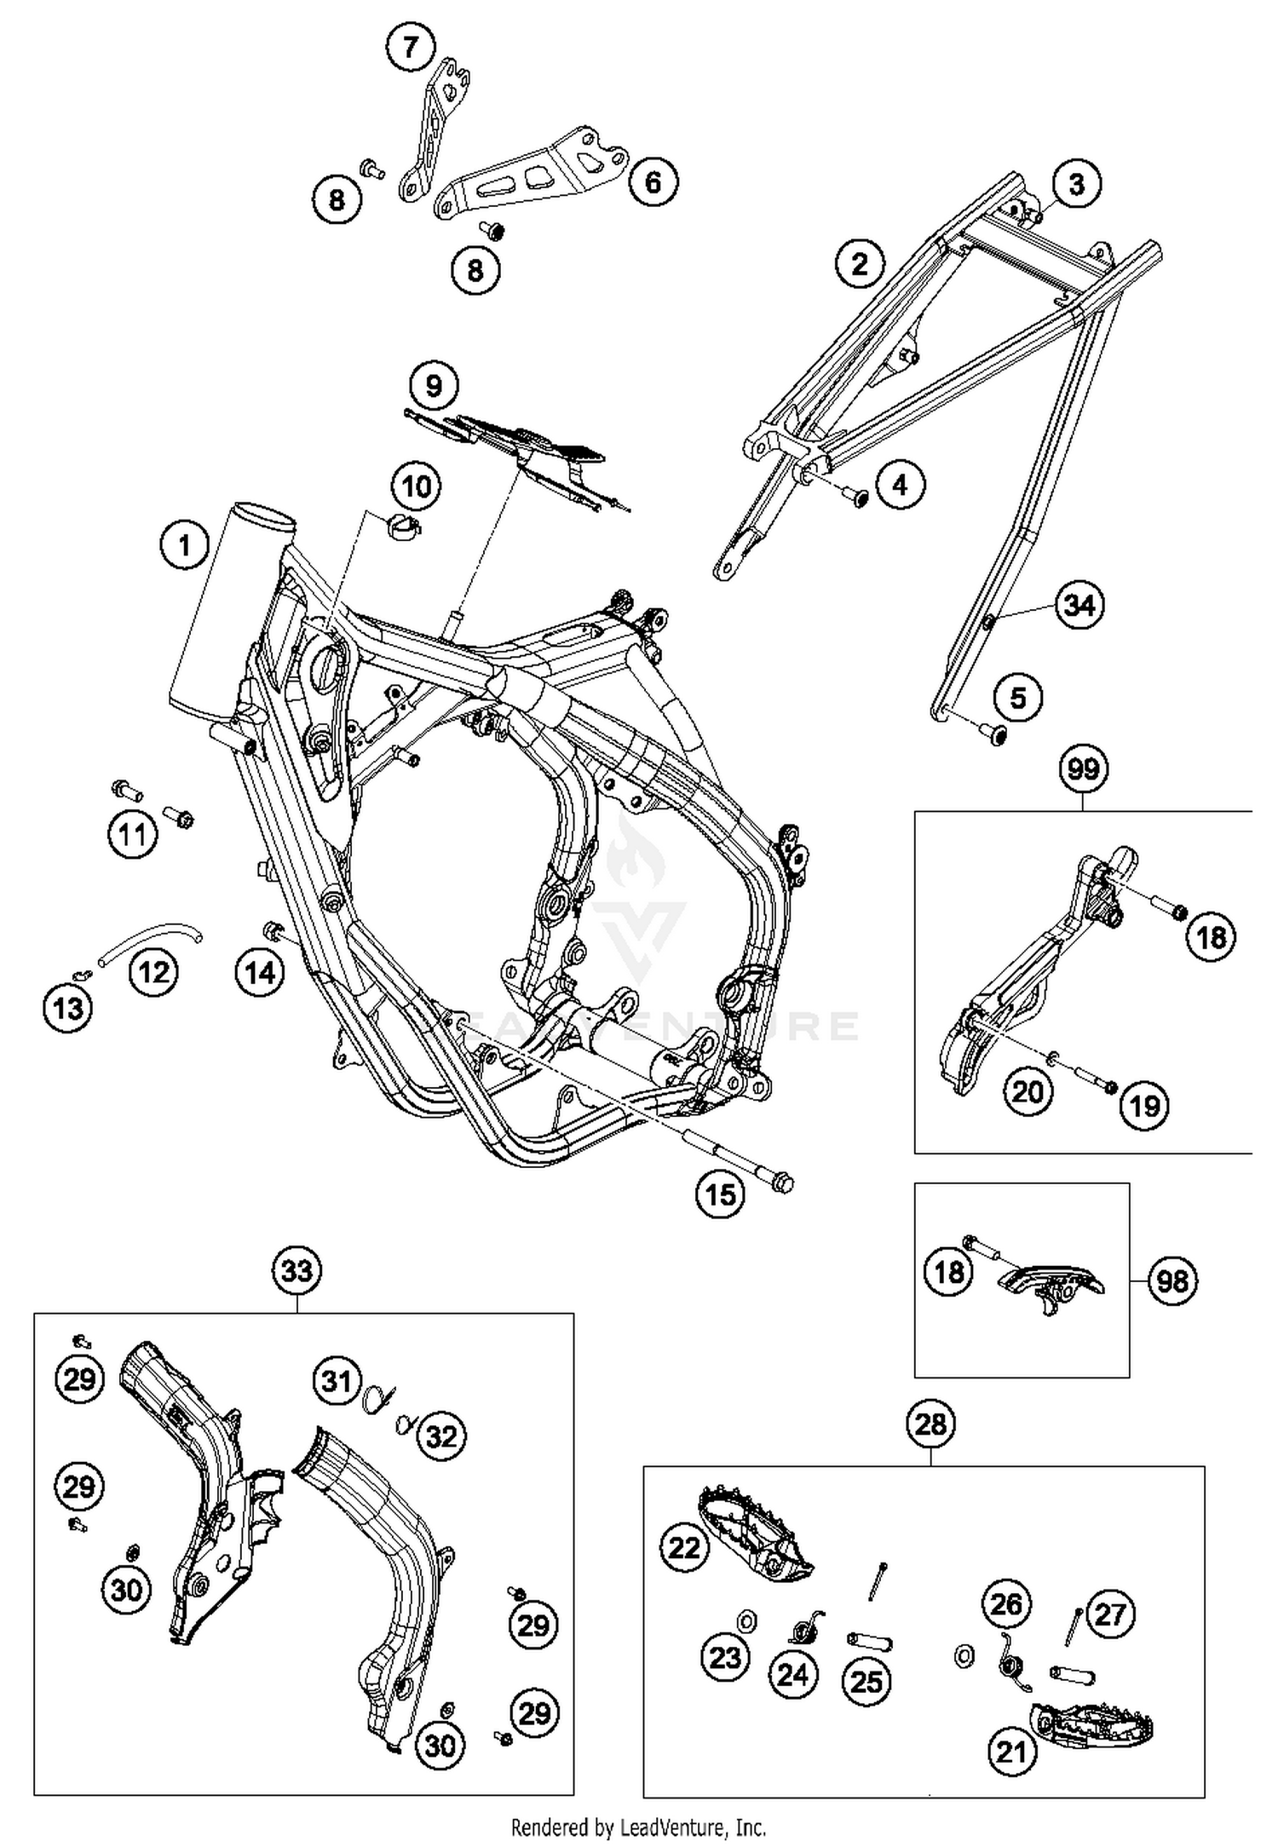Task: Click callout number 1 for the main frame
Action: [x=185, y=544]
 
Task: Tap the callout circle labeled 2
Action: [x=859, y=263]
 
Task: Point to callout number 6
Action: [x=653, y=181]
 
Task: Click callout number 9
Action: [x=434, y=386]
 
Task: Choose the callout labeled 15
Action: [x=720, y=1194]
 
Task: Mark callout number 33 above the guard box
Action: [x=297, y=1271]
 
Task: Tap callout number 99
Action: [x=1083, y=769]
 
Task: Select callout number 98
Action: [x=1172, y=1280]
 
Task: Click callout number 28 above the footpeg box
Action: [x=930, y=1424]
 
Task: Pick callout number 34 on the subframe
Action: [x=1079, y=606]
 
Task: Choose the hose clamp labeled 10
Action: [x=406, y=526]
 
